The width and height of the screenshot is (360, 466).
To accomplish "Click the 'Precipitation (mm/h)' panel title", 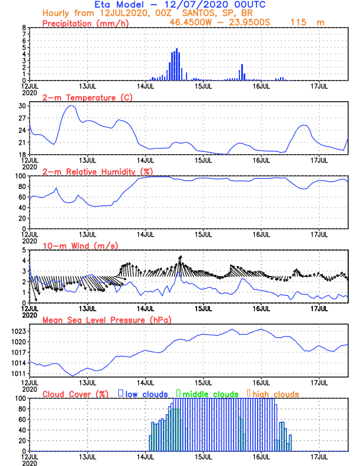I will pyautogui.click(x=86, y=23).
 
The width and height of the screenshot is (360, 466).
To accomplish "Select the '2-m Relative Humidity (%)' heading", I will pyautogui.click(x=97, y=171).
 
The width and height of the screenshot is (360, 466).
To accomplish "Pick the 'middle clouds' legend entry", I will pyautogui.click(x=208, y=394).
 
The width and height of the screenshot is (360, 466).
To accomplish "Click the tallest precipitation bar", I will pyautogui.click(x=176, y=65).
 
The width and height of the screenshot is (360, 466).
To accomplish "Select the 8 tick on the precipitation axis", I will pyautogui.click(x=24, y=28).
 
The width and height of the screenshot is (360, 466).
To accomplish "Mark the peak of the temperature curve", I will pyautogui.click(x=71, y=106).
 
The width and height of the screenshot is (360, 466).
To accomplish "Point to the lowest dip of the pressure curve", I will pyautogui.click(x=73, y=375).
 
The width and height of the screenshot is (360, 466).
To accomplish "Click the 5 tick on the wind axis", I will pyautogui.click(x=24, y=250).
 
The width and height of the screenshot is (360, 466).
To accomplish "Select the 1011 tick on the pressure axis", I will pyautogui.click(x=19, y=374).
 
